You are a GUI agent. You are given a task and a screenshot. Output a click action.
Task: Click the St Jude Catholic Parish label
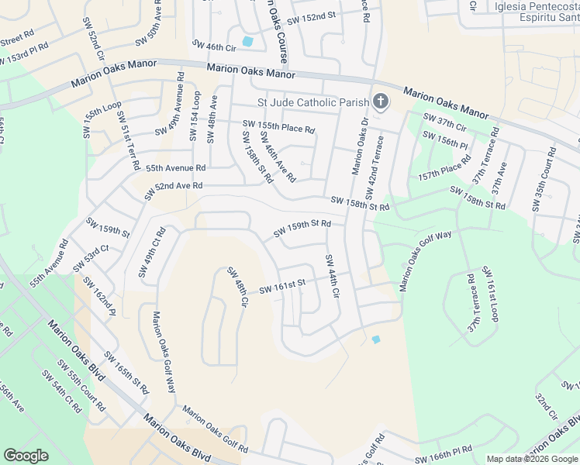click(313, 102)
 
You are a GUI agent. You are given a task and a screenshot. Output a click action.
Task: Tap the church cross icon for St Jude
click(380, 101)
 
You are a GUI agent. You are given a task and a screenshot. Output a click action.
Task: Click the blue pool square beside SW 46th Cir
click(247, 41)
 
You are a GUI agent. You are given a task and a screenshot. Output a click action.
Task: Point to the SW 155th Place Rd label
click(278, 126)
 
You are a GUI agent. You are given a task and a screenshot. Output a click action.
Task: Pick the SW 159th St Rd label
click(302, 229)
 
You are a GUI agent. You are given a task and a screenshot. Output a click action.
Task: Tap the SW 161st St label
click(283, 287)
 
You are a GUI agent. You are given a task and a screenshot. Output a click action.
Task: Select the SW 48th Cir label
click(236, 286)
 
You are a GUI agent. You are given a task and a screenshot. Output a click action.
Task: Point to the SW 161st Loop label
click(493, 294)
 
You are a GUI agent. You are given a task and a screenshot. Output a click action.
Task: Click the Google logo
click(26, 455)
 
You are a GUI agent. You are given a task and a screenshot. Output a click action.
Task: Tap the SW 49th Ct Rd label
click(151, 252)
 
